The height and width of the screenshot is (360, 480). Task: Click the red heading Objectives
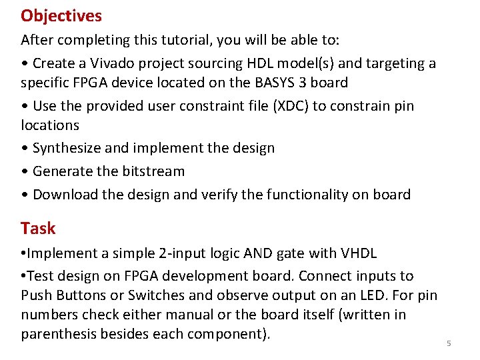coord(61,15)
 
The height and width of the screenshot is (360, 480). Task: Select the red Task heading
coord(38,229)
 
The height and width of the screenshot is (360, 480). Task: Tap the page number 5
coord(449,343)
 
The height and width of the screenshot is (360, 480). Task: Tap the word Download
coord(63,195)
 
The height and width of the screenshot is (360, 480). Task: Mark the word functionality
coord(312,195)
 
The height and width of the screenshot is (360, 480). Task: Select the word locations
coord(50,125)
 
